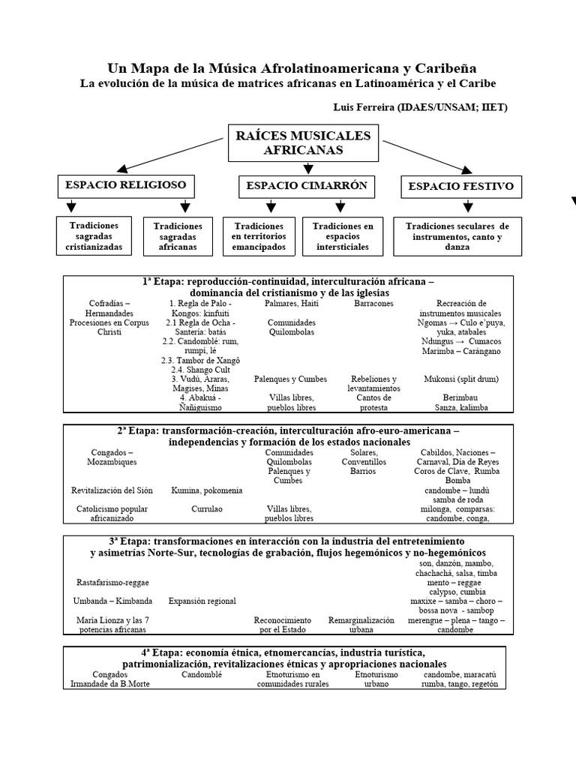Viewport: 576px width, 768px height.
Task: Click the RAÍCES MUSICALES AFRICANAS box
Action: point(292,142)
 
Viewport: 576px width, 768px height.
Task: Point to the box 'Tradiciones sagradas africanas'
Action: point(178,235)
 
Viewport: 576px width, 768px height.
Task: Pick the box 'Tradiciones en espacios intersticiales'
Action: point(343,235)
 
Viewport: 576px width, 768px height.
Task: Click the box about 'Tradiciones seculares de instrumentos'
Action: point(457,236)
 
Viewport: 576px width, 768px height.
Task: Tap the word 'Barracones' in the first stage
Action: point(373,304)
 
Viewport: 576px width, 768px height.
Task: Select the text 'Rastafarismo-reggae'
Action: point(112,582)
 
